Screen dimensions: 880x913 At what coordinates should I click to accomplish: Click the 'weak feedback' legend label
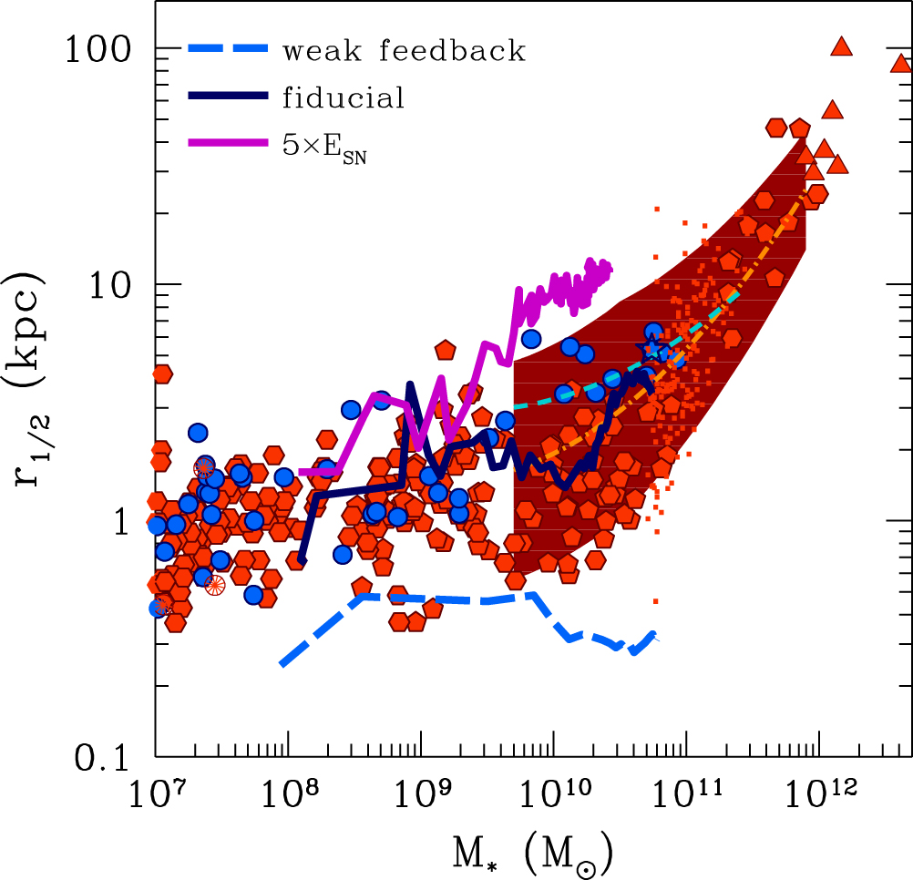point(404,51)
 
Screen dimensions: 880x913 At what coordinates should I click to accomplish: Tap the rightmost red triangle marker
point(900,64)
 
